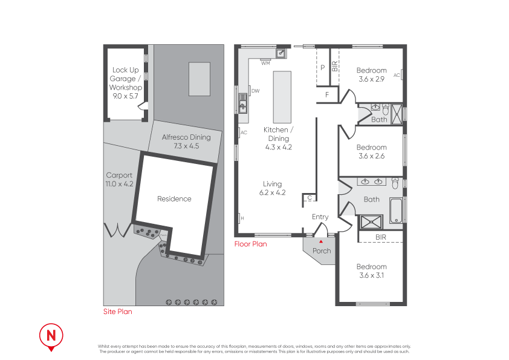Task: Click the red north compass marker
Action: (51, 335)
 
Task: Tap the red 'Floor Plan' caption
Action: (250, 244)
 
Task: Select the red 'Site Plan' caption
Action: (117, 312)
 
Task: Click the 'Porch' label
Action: (322, 251)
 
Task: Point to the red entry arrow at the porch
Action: (321, 241)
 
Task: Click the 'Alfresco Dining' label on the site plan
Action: (186, 141)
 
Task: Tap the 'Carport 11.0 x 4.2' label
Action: (119, 180)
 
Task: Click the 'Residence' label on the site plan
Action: (174, 199)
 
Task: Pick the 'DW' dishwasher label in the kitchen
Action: (255, 91)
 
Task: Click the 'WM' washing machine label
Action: (265, 62)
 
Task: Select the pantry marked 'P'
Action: (323, 68)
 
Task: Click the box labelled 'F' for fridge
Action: (327, 95)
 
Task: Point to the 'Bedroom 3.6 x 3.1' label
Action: (371, 270)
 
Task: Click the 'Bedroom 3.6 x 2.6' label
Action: (371, 151)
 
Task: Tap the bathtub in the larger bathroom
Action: (396, 210)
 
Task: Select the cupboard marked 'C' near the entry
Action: (310, 198)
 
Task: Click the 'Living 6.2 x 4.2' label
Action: (273, 188)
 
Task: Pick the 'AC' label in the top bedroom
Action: (397, 75)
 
